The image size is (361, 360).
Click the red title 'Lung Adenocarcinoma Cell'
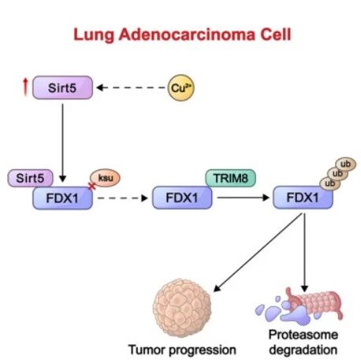[x=182, y=35]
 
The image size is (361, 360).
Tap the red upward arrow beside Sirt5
[x=25, y=87]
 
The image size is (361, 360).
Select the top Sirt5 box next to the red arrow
[x=62, y=87]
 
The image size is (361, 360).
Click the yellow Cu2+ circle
[x=181, y=87]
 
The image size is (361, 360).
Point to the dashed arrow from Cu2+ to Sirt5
[x=131, y=87]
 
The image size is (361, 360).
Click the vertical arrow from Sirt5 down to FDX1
[x=62, y=143]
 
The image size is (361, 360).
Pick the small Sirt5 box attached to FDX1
[x=30, y=178]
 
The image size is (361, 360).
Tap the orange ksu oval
[x=105, y=178]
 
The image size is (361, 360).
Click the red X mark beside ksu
[x=92, y=186]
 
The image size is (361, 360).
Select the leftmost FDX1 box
[x=62, y=198]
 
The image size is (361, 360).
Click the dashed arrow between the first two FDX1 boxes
[x=122, y=198]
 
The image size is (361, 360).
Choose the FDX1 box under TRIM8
[x=182, y=198]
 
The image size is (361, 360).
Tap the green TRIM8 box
[x=230, y=178]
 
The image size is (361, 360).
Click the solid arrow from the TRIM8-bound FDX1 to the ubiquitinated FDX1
[x=244, y=198]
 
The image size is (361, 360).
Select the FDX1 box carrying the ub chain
[x=303, y=198]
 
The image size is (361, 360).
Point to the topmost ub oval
[x=345, y=165]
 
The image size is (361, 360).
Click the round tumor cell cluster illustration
[x=182, y=308]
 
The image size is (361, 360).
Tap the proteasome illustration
[x=300, y=306]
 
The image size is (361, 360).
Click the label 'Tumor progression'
[x=182, y=350]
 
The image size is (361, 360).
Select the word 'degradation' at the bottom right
[x=303, y=350]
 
